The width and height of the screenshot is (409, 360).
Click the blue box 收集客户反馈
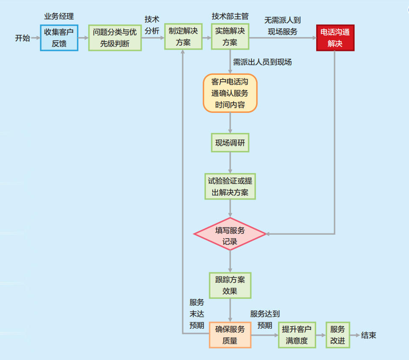[59, 38]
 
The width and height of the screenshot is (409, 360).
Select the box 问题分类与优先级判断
[115, 38]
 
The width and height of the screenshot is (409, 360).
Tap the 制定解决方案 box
[183, 37]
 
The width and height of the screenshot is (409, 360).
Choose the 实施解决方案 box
[230, 37]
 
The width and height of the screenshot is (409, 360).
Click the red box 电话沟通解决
[335, 38]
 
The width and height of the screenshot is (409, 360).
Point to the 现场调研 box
[230, 143]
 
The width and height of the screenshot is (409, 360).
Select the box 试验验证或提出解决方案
[230, 186]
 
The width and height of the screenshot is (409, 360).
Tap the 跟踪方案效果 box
[230, 286]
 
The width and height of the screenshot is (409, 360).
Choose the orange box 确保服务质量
[230, 335]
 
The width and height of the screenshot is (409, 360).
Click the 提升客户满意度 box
[297, 335]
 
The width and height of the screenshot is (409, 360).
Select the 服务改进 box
[338, 335]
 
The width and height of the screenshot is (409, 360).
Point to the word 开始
[23, 38]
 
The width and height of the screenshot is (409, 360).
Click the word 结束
[369, 335]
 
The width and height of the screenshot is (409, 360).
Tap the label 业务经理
[59, 17]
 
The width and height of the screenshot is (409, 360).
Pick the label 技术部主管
[230, 17]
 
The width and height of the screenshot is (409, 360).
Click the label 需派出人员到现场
[262, 62]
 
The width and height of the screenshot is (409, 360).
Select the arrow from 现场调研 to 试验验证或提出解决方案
[230, 162]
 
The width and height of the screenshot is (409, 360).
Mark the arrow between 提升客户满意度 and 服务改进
[321, 335]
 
